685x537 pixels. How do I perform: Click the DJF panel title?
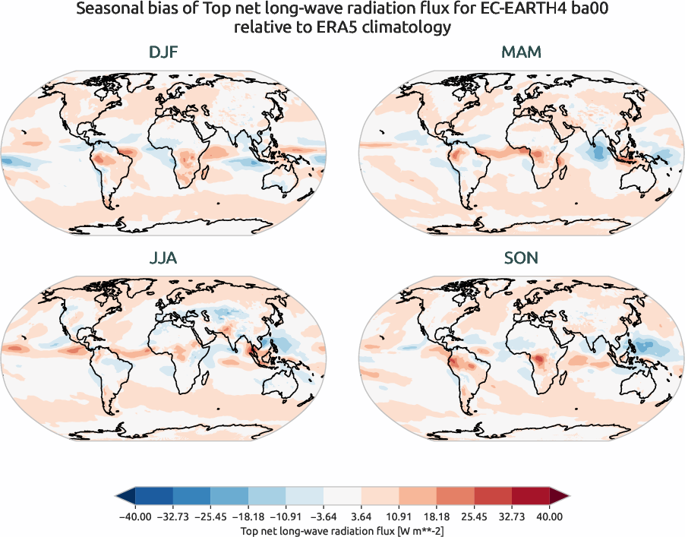(164, 52)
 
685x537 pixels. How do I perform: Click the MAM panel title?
(521, 52)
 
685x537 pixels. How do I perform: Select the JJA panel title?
(164, 258)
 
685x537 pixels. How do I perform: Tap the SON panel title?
(521, 258)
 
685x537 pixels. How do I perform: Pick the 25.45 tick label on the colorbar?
(475, 516)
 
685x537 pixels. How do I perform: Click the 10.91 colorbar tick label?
(399, 516)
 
